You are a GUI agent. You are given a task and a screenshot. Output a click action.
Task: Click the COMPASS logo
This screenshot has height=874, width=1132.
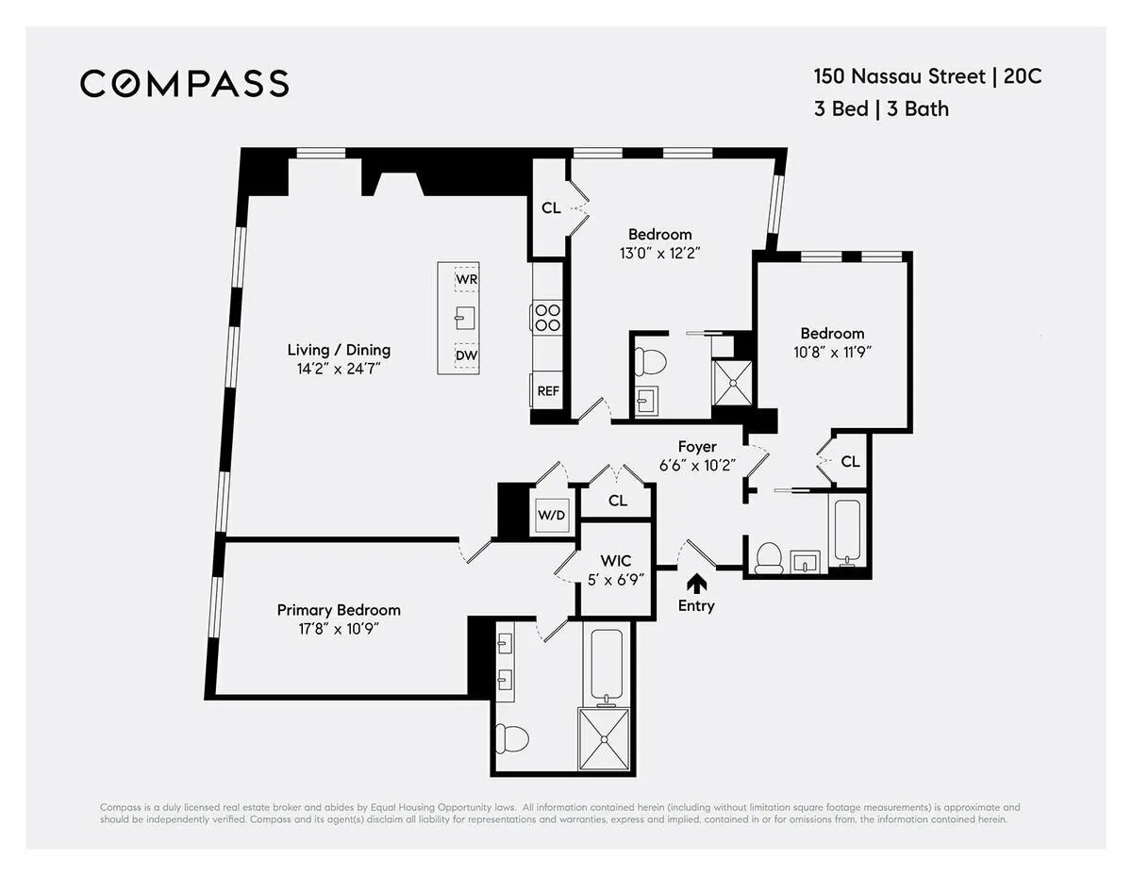tap(184, 83)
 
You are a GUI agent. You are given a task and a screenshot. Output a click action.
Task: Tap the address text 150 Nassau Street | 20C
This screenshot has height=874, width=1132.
tap(927, 76)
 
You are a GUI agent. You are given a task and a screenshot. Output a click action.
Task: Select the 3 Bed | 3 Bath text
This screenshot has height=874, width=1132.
tap(881, 108)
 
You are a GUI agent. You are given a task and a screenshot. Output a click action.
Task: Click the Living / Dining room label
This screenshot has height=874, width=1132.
tap(338, 350)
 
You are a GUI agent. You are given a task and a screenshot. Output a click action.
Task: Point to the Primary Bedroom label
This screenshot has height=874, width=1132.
tap(338, 610)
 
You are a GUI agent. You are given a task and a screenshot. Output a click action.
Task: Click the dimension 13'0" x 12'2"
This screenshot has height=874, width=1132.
tap(660, 253)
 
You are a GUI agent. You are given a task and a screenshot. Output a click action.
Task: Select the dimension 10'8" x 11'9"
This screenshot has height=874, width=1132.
tap(832, 352)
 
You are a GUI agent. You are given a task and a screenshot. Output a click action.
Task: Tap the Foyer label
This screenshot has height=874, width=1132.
tap(697, 447)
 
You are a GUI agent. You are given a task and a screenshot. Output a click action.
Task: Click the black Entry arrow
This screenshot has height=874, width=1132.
tap(697, 583)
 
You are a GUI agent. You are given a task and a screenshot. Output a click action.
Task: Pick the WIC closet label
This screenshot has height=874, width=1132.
tap(615, 561)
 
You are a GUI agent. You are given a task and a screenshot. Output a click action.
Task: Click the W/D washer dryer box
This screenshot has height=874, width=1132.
tap(552, 515)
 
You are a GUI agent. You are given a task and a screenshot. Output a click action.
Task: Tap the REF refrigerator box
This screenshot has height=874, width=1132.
tap(548, 390)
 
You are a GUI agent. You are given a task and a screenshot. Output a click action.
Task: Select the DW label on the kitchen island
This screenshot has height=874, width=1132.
tap(466, 355)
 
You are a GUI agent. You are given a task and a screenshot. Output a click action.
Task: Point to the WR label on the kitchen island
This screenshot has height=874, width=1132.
tap(466, 280)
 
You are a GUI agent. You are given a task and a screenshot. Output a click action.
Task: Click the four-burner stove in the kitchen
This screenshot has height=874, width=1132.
tap(547, 316)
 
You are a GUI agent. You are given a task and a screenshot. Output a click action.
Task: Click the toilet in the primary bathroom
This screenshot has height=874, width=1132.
tap(512, 736)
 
